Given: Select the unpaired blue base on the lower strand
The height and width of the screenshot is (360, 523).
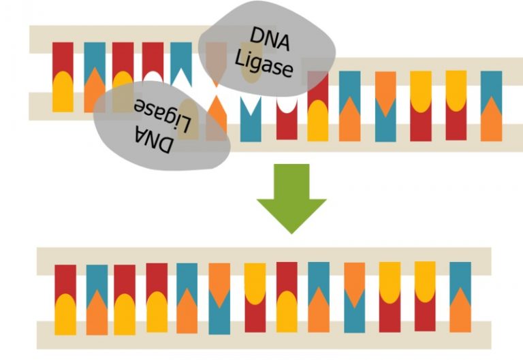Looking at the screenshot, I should coord(251,122).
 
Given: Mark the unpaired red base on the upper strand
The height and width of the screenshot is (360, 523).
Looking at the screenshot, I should coord(153,58).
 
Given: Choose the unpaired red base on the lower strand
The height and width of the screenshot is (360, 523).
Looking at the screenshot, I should coord(287,122).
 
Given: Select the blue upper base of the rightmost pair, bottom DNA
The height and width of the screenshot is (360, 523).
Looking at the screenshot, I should coord(460,279).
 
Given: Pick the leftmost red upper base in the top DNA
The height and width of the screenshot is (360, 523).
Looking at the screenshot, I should coord(63,58).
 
